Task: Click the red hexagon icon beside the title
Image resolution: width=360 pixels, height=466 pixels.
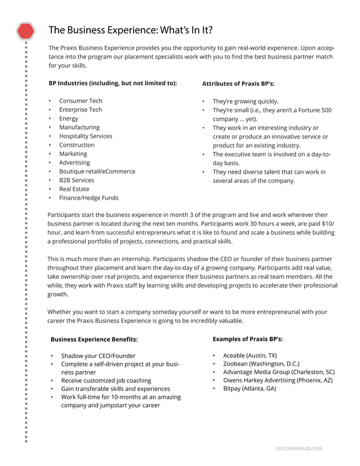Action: pos(25,30)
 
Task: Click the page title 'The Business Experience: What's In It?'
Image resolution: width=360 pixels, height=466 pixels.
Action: pos(130,30)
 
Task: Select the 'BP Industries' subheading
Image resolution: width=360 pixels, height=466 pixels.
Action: pos(112,83)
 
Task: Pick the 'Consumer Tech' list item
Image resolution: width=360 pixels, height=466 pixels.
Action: pos(81,101)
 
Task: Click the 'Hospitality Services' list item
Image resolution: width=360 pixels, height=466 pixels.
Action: pos(86,136)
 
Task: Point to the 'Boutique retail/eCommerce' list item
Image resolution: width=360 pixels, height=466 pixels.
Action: pos(97,172)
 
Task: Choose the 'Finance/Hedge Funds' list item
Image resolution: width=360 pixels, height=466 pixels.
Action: pos(89,198)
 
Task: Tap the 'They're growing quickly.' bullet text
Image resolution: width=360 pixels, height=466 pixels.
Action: pos(245,102)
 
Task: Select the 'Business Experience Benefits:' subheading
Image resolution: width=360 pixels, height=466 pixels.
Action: pos(94,340)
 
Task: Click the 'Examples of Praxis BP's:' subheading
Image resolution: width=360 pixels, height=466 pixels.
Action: pos(248,339)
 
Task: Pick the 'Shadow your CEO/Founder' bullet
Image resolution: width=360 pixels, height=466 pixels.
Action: pos(98,356)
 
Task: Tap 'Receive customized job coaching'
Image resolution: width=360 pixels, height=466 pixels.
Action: pos(106,380)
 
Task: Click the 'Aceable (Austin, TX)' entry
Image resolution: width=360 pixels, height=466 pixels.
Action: pos(250,355)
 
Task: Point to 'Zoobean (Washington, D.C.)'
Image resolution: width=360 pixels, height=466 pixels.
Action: pos(261,364)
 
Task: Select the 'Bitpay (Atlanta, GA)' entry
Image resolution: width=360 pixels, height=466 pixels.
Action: pos(249,389)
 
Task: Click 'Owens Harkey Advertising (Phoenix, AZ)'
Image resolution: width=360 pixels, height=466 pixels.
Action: pos(278,380)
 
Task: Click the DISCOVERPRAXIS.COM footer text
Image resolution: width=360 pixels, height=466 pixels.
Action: pos(298,449)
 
